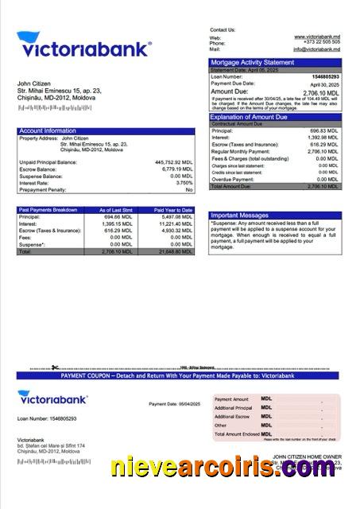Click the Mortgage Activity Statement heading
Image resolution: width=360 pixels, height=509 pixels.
251,62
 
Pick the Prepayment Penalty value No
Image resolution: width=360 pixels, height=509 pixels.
189,190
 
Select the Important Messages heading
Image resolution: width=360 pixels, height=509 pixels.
240,215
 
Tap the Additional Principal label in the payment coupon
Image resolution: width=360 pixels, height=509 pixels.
232,408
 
